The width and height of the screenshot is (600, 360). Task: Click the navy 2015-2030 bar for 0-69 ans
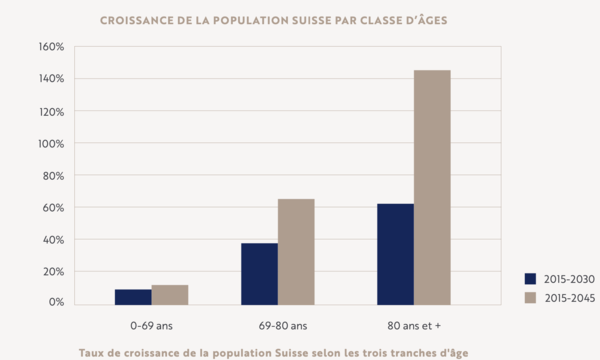133,296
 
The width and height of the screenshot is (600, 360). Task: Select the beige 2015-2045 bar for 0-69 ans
170,294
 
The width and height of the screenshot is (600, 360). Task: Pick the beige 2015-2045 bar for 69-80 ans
296,251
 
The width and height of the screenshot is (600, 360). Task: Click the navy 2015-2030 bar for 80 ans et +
395,253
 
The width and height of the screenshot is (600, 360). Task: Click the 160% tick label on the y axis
50,47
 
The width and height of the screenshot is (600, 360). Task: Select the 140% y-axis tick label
50,79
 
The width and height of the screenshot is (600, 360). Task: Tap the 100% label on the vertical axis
50,143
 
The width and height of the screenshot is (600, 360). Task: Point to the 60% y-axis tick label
52,208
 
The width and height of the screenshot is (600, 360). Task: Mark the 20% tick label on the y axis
52,272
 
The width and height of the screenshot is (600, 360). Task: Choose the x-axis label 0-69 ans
151,324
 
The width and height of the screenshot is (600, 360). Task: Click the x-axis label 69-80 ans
277,324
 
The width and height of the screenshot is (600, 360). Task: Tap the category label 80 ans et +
413,324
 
